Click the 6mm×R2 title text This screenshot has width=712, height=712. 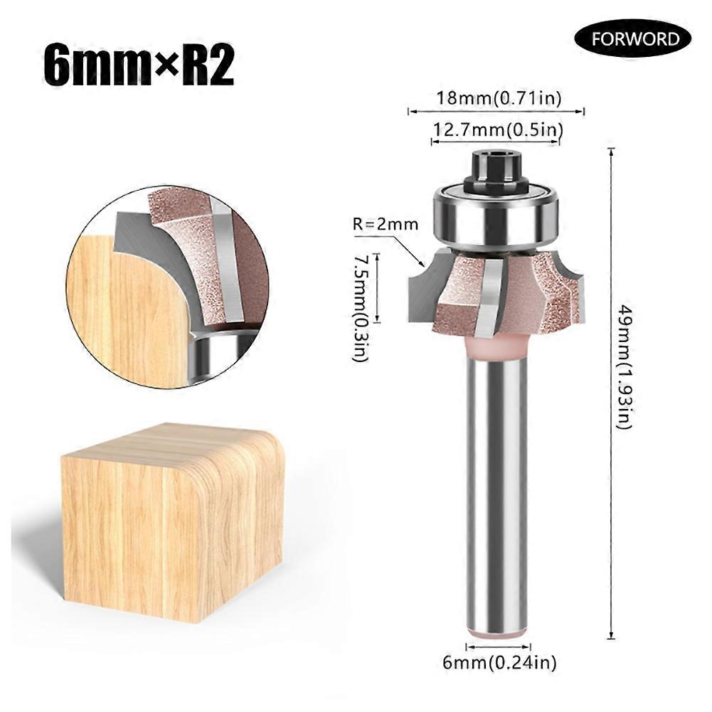[139, 65]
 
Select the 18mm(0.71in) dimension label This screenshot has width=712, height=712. [499, 98]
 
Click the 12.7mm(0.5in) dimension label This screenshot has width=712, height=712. [499, 129]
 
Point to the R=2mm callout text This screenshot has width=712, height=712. [385, 225]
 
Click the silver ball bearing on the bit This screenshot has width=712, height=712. [496, 216]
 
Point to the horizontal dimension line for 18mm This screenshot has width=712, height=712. [496, 112]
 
